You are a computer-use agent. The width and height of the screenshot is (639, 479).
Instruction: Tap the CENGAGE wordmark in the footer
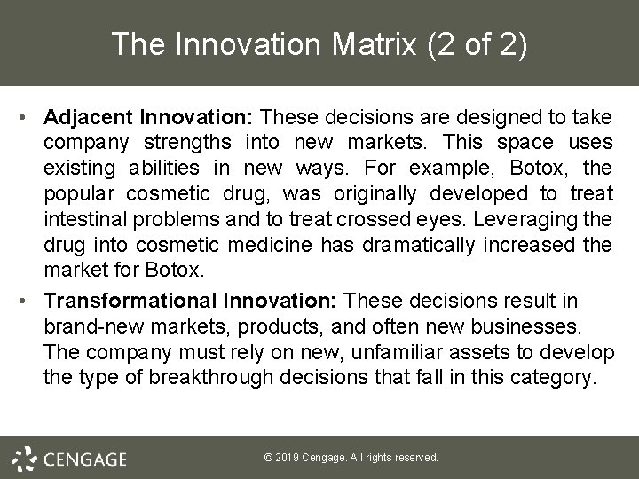[x=84, y=459]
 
